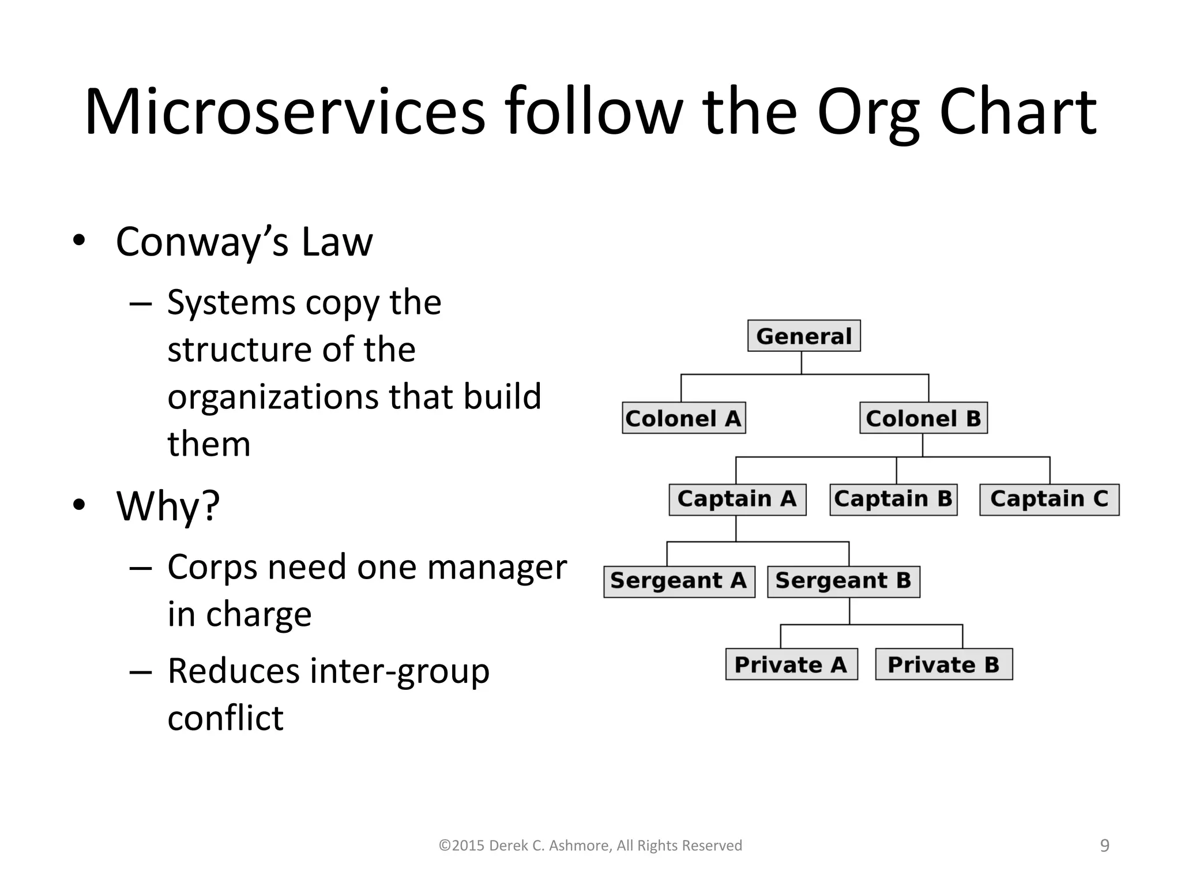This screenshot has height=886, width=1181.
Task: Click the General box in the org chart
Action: [x=804, y=336]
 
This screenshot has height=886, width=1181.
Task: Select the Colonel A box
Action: [x=684, y=418]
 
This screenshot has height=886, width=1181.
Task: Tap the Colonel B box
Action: [x=923, y=418]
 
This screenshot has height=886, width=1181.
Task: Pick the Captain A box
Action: [x=737, y=500]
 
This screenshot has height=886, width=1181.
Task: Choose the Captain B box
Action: [x=893, y=500]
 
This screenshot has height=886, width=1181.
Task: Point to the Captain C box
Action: [x=1049, y=500]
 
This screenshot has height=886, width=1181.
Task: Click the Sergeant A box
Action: [x=679, y=581]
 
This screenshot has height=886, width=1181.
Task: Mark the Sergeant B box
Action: [x=843, y=581]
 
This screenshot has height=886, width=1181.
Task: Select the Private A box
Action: [x=791, y=664]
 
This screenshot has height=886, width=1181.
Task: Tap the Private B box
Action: [x=943, y=664]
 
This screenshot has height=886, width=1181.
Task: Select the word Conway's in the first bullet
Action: [x=202, y=242]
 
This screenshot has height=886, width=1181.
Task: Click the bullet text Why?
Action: [x=168, y=506]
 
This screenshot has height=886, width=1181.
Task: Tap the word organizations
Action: [x=273, y=397]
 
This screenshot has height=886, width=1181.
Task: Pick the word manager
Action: [x=497, y=567]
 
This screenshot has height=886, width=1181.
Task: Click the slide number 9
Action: [x=1104, y=846]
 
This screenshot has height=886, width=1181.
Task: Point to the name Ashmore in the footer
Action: [x=579, y=846]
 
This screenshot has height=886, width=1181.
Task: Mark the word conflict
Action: [x=225, y=718]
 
